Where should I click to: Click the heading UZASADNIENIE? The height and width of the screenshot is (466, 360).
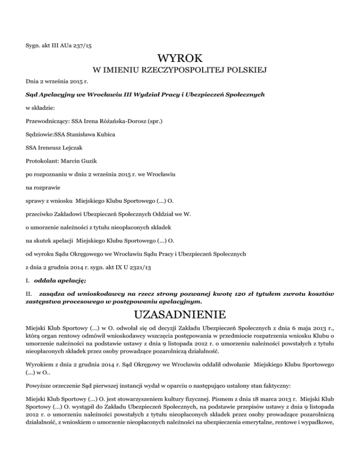(180, 313)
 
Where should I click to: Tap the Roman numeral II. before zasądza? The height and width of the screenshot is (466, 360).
(28, 294)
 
